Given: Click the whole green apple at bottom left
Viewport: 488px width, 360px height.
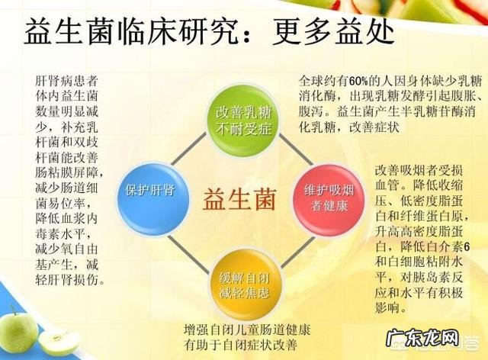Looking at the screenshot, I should [18, 329].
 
